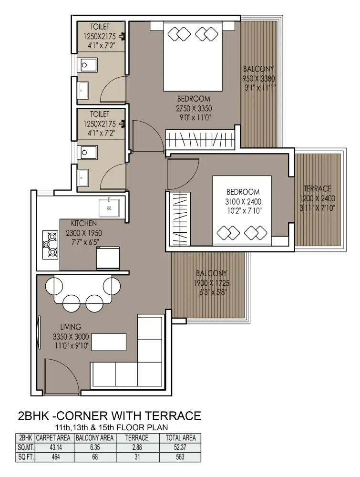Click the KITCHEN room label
(x=84, y=223)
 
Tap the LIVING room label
(x=71, y=327)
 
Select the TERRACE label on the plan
(x=318, y=188)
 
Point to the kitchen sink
(x=109, y=208)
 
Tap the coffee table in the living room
(x=109, y=342)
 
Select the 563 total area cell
(x=180, y=457)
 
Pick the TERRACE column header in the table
(x=137, y=438)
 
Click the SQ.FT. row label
(x=26, y=457)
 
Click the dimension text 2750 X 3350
(x=194, y=108)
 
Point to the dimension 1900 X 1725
(x=212, y=283)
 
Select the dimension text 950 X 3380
(x=258, y=79)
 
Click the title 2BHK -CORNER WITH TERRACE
(x=110, y=415)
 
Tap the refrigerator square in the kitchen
(x=108, y=258)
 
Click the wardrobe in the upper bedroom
(x=200, y=139)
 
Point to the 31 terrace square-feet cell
(x=137, y=457)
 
